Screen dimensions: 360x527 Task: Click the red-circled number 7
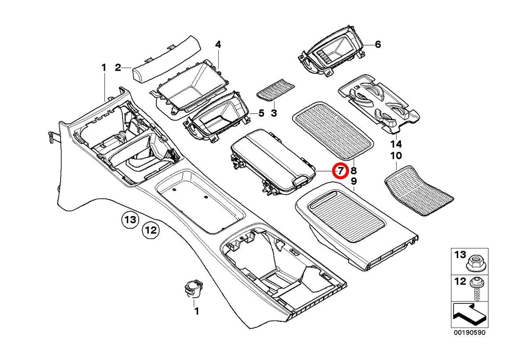pos(341,170)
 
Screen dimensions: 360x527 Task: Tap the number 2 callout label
pos(118,68)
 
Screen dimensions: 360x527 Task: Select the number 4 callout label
pos(218,44)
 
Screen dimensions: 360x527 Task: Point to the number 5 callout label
pos(261,113)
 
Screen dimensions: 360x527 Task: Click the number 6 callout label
pos(378,44)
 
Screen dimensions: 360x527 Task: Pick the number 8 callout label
pos(354,170)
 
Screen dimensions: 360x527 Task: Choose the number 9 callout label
pos(354,181)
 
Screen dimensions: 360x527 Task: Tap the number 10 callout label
pos(396,156)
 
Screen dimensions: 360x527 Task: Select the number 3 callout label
pos(274,114)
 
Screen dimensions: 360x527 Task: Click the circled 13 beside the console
pos(130,219)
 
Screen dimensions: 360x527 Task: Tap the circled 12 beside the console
pos(151,229)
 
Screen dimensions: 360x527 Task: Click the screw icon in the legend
pos(475,288)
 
